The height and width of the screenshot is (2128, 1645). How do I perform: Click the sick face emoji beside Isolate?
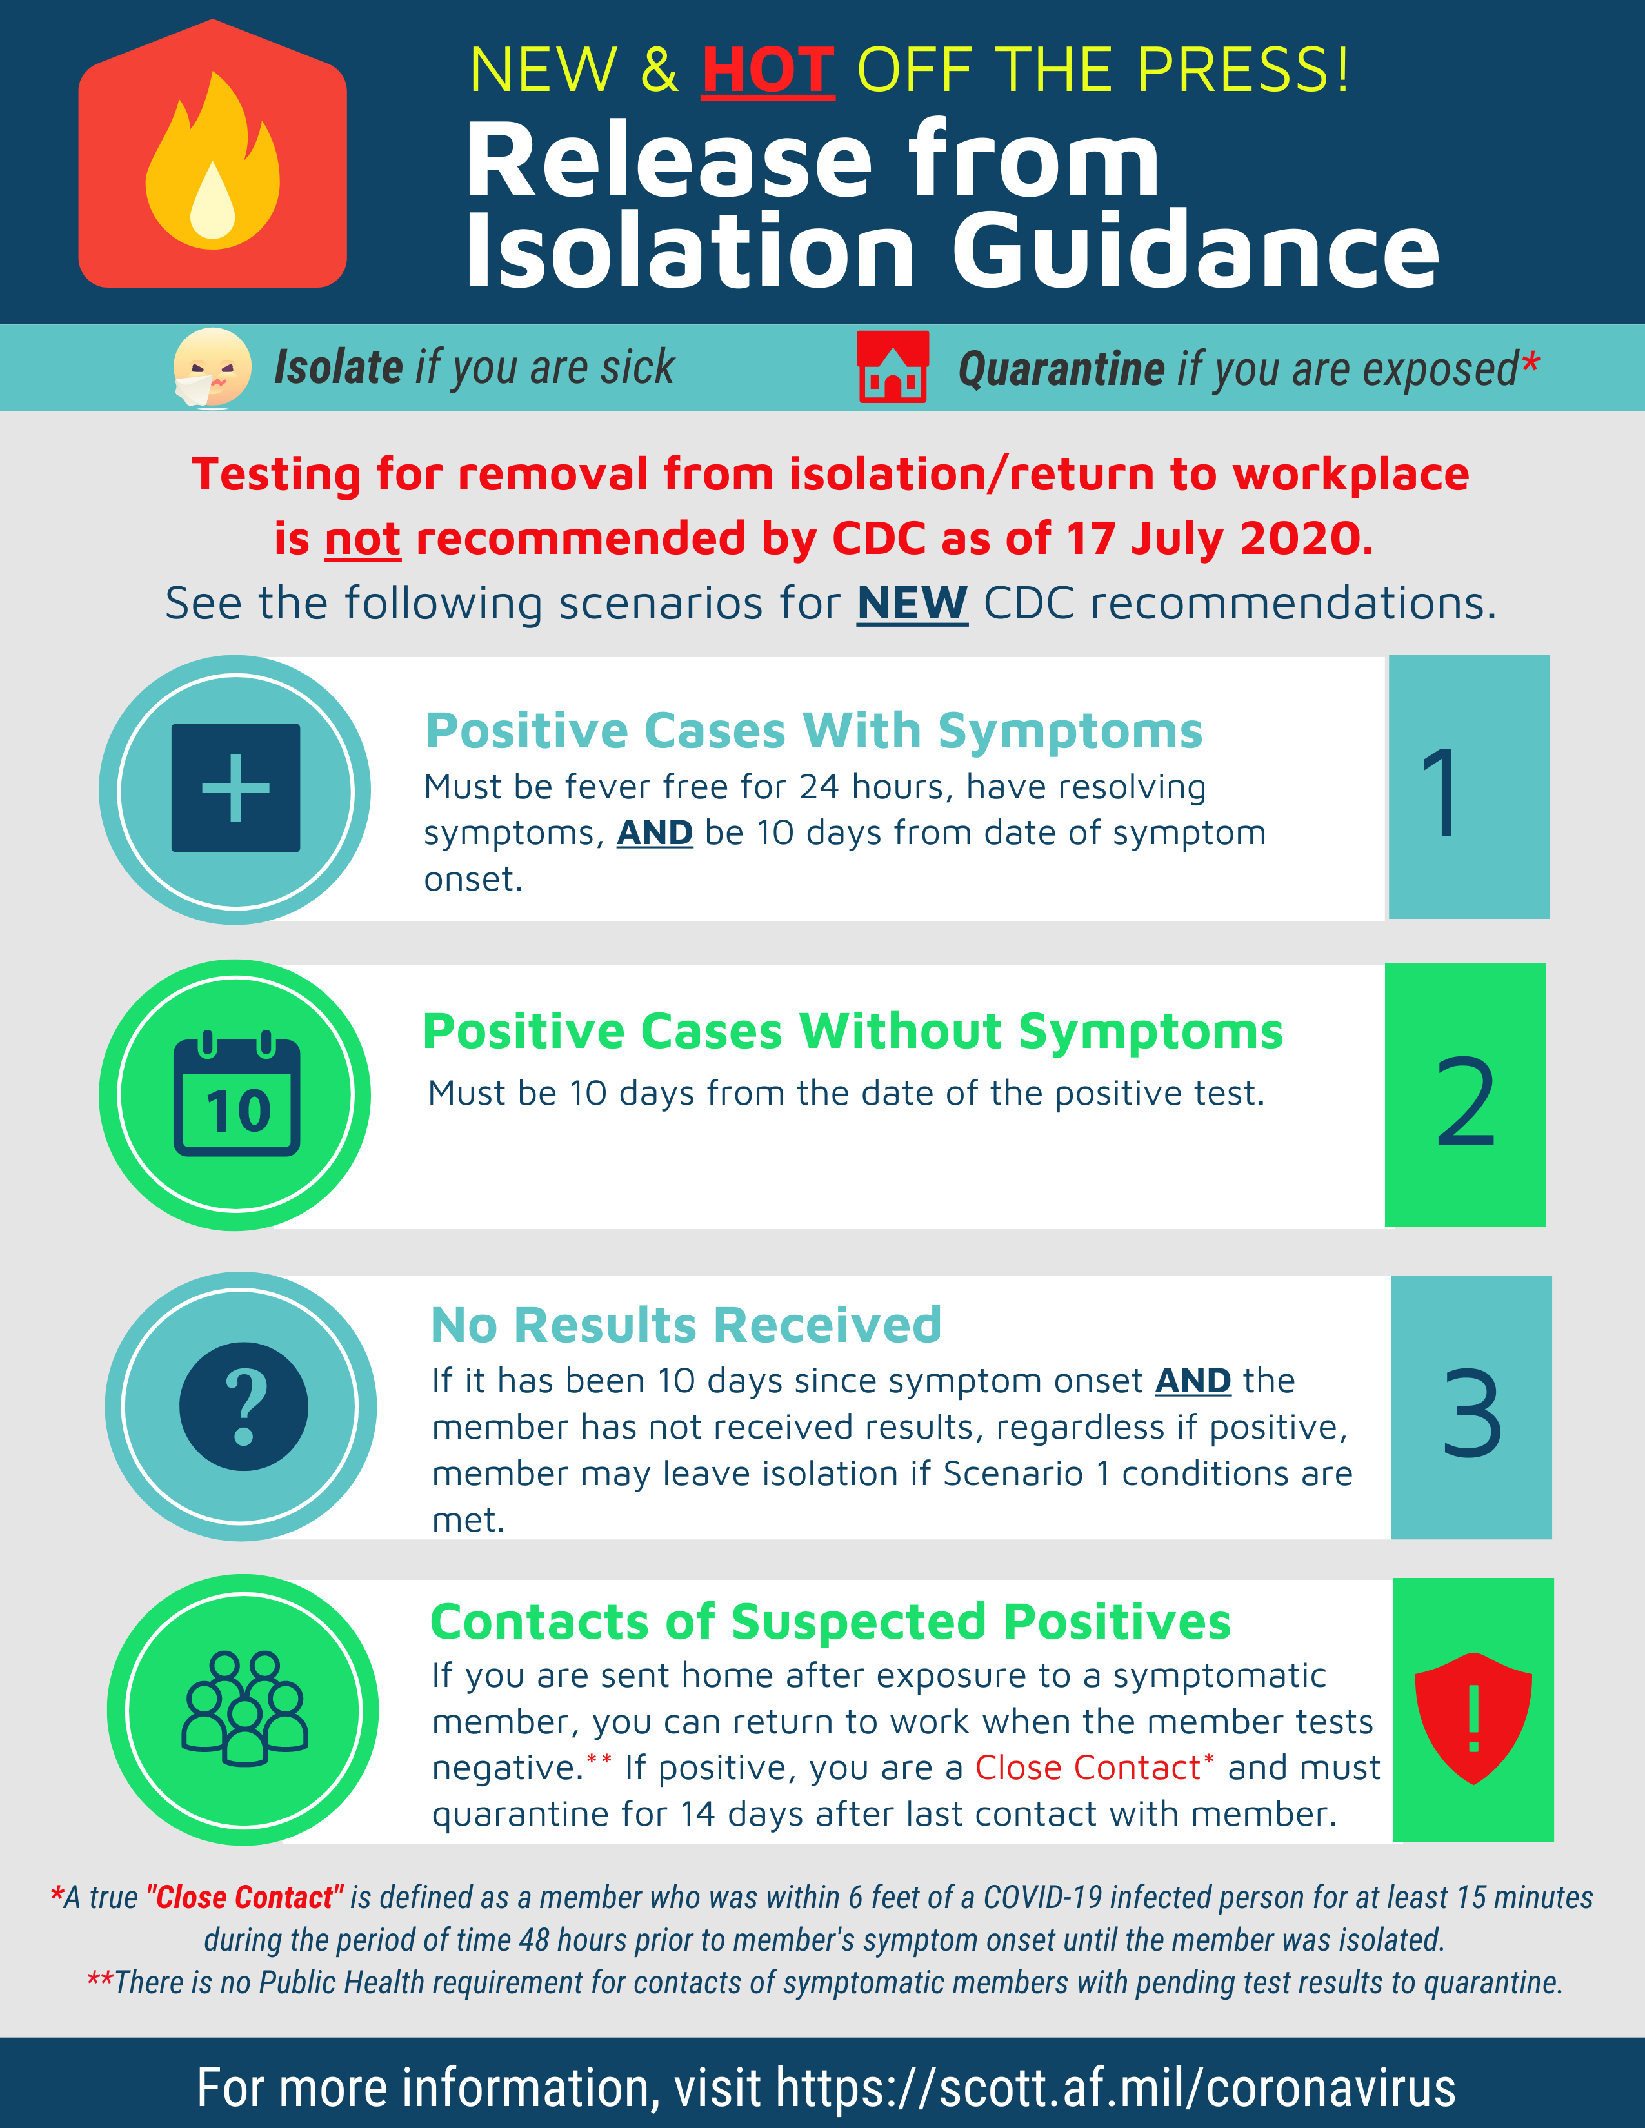tap(212, 368)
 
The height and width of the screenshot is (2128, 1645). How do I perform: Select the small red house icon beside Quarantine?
tap(892, 368)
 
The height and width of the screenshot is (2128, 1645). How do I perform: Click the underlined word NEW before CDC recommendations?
tap(911, 603)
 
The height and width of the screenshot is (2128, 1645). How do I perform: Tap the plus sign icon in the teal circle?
tap(236, 788)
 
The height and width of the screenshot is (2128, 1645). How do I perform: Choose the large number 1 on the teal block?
tap(1439, 792)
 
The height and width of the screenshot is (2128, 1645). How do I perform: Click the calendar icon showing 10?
tap(237, 1094)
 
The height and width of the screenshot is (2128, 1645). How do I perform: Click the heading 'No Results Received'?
tap(686, 1325)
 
